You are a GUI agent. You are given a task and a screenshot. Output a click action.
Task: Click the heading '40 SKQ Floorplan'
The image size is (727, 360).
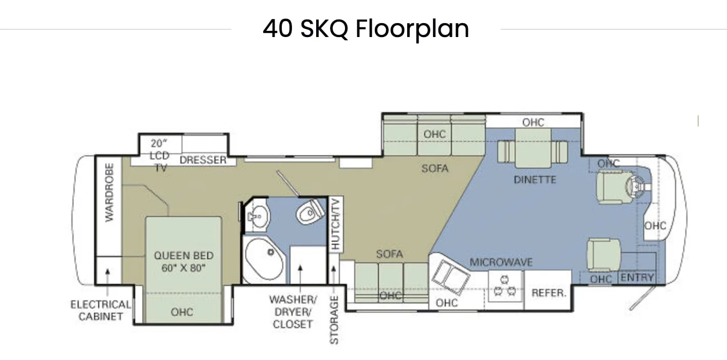pos(366,29)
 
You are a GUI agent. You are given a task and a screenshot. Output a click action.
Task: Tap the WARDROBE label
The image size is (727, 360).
pos(110,192)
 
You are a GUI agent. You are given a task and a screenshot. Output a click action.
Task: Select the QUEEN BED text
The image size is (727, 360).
pos(184,256)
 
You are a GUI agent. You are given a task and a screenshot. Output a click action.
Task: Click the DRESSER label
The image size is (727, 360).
pos(203,160)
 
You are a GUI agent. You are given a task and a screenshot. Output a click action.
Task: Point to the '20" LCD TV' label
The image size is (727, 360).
pos(159,155)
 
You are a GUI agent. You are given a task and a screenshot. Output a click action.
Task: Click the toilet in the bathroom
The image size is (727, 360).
pos(310,212)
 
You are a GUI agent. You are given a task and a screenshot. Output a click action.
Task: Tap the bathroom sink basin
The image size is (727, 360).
pos(259,215)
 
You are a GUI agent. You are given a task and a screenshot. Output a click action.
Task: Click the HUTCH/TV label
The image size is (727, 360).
pos(335,224)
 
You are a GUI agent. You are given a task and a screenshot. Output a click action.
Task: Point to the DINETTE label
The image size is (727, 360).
pos(535,179)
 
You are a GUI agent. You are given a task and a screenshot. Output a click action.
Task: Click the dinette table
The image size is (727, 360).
pos(533,148)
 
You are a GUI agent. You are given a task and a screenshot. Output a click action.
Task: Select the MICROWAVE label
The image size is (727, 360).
pos(501,262)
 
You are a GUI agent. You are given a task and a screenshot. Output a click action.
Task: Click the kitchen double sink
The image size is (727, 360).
pos(450,277)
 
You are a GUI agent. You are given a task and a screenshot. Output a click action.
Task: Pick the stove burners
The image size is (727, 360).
pos(505,286)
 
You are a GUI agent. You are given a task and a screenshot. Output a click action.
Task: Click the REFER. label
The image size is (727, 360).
pos(549,293)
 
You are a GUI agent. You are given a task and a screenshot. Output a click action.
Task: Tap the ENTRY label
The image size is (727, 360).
pos(637,278)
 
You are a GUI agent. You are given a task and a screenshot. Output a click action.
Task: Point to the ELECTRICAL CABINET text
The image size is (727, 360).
pos(101,310)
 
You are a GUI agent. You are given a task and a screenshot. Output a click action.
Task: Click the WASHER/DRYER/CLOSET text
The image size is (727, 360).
pos(293,312)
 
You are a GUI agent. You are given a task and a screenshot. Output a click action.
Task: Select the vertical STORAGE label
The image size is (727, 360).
pos(334,320)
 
